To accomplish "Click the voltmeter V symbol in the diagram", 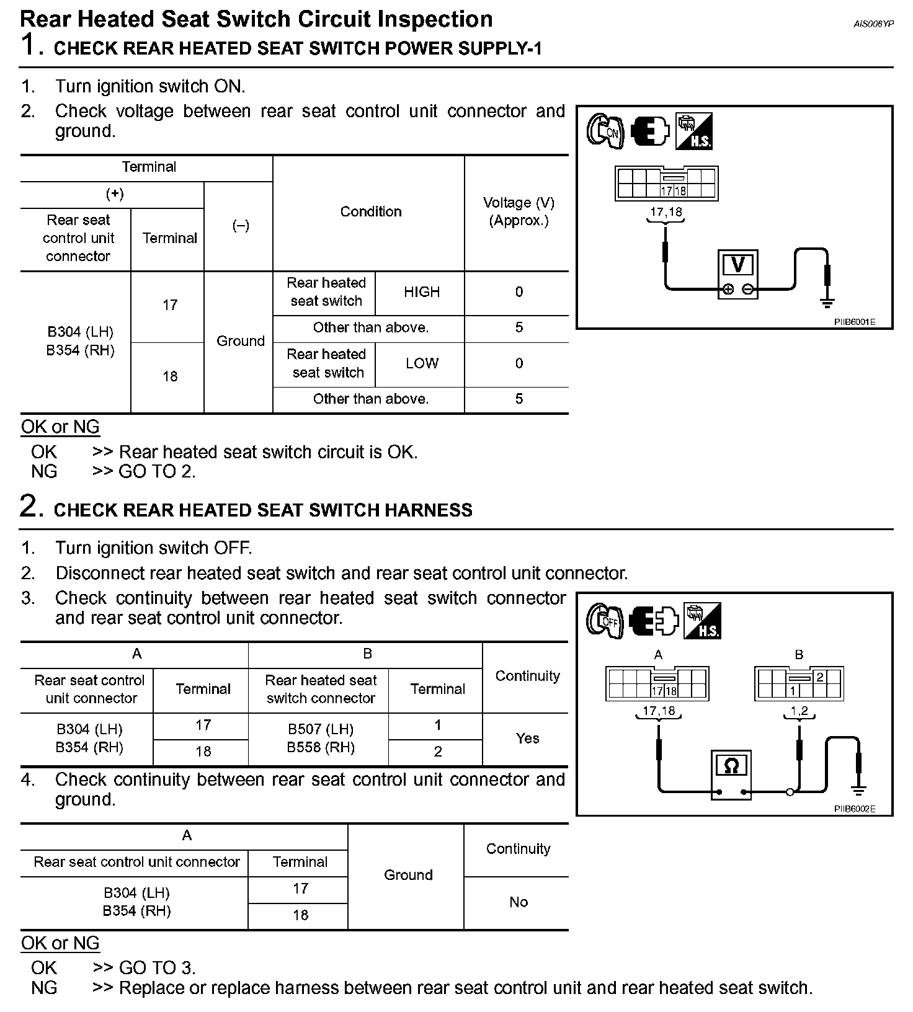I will pos(737,265).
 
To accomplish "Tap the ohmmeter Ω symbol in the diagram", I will pos(731,766).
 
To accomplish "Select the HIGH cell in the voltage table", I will pos(422,292).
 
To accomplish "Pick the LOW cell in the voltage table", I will pos(422,363).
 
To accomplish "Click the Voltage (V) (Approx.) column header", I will pos(519,211).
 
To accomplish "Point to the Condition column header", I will pos(371,211).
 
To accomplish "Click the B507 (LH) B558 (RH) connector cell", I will pos(321,739).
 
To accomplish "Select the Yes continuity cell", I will pos(527,739).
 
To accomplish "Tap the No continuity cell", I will pos(519,902).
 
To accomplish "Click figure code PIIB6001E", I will pos(854,322).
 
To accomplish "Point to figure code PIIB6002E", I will pos(854,809).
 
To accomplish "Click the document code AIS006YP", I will pos(873,24).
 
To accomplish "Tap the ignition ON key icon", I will pos(605,131).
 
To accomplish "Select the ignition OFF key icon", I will pos(605,620).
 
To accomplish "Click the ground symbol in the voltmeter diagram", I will pos(826,302).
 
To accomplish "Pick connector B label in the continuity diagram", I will pos(799,655).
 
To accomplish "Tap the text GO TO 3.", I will pos(157,967).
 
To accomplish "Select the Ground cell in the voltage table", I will pos(240,341).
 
